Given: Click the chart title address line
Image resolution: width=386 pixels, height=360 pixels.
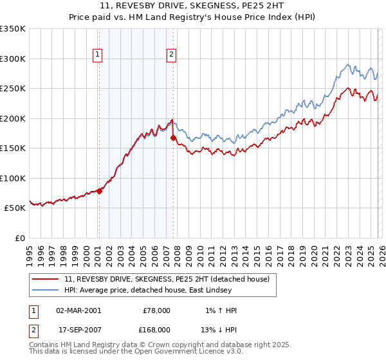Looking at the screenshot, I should (193, 6).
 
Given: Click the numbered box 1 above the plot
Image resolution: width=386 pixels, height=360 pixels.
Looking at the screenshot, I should (97, 55).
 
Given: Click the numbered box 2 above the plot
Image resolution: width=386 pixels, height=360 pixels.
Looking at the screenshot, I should (172, 55).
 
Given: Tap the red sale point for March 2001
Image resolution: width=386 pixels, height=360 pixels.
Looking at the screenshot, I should (99, 191).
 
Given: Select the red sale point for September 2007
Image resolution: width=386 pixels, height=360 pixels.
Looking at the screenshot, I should (173, 138).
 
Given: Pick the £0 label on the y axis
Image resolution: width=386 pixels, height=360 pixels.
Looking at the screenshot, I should (19, 238).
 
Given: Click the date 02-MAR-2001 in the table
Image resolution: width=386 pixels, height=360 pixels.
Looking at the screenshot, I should (78, 310).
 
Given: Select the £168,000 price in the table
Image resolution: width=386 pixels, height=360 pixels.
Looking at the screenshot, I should (156, 329).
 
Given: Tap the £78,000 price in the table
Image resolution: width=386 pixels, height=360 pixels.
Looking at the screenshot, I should (156, 310).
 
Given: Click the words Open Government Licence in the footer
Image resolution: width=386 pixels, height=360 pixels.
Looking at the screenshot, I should (179, 352).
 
